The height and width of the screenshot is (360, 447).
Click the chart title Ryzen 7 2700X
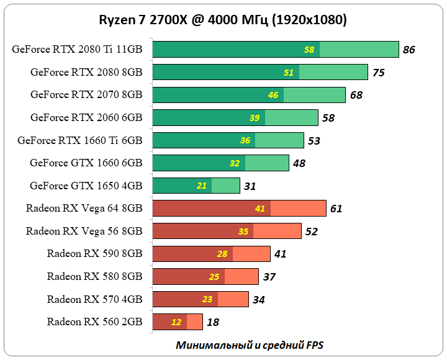[223, 20]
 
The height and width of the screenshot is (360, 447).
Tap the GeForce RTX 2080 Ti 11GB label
[76, 50]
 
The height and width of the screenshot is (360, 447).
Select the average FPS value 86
[409, 50]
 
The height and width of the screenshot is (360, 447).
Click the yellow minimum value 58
[309, 50]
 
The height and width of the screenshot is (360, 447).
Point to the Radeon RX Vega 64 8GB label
[84, 209]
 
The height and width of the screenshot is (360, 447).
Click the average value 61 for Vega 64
[336, 209]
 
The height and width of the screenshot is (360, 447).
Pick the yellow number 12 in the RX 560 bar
[176, 322]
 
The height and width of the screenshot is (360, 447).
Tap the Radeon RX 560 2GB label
[94, 322]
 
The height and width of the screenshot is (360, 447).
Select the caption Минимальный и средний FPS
[250, 344]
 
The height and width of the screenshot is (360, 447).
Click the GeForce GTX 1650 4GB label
[86, 186]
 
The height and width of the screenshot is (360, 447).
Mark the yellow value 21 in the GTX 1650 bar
[202, 186]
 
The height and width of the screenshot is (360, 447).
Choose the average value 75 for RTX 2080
[378, 73]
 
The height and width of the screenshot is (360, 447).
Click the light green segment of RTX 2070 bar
[314, 95]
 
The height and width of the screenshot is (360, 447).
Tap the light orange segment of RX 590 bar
[251, 254]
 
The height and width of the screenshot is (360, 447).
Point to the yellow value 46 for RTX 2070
[273, 95]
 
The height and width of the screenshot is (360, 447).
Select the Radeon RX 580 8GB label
[94, 276]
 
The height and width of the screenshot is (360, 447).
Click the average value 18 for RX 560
[212, 322]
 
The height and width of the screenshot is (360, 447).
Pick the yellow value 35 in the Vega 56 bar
[243, 232]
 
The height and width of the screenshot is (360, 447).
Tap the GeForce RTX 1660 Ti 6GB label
[79, 140]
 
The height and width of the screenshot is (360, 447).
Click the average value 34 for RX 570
[259, 300]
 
